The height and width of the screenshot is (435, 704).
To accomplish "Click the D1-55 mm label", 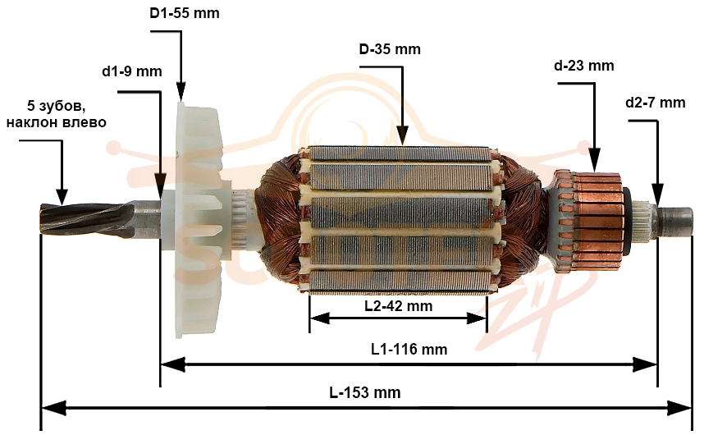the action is click(x=185, y=13).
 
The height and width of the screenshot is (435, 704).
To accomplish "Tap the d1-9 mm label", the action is click(x=132, y=71).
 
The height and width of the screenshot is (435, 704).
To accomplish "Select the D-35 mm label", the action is click(x=390, y=48).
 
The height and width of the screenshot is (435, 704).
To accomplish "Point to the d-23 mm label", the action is click(x=583, y=66).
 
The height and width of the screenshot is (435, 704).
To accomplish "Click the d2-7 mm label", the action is click(x=655, y=103).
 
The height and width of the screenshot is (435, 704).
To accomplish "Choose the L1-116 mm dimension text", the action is click(x=409, y=349).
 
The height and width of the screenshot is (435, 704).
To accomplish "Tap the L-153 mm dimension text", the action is click(x=365, y=392).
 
